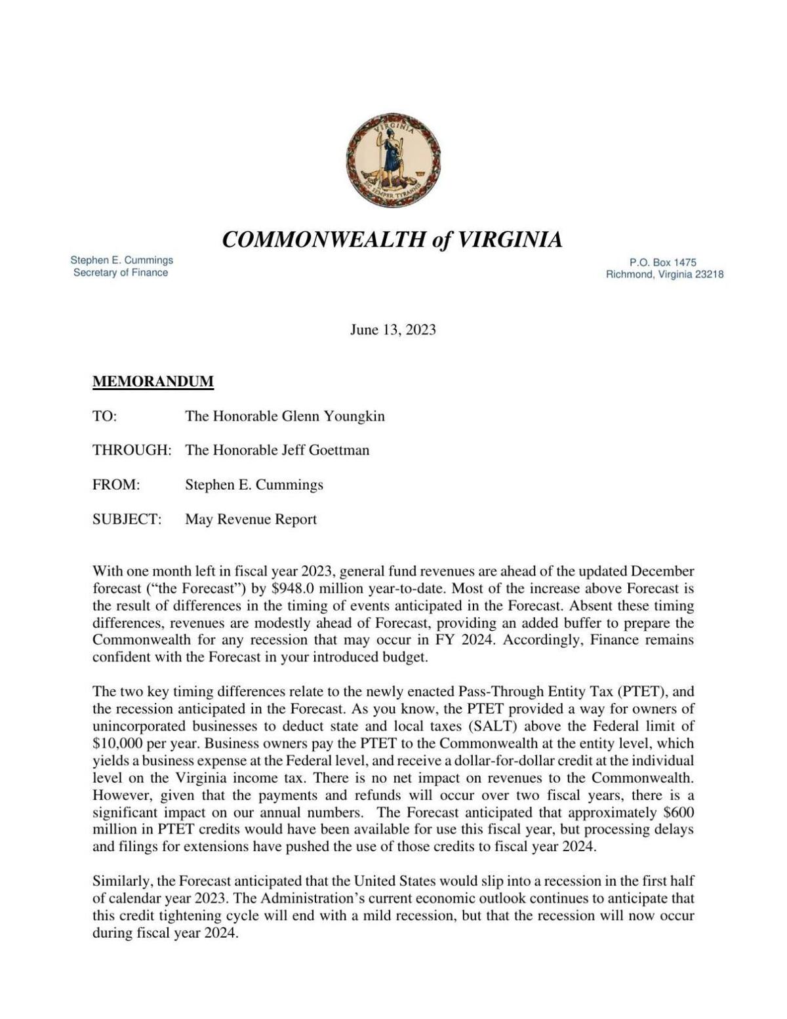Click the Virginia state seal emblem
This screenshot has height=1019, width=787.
point(393,160)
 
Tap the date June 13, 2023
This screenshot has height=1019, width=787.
point(392,330)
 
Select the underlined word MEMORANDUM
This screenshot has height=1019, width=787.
point(153,382)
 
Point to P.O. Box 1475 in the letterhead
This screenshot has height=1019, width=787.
point(662,262)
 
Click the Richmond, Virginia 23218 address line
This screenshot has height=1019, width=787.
point(664,275)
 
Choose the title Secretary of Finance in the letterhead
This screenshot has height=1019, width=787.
point(121,273)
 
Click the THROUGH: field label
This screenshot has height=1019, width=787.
point(132,450)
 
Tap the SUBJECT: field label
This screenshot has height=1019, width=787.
point(127,519)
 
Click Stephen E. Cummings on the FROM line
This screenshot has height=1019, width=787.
point(254,485)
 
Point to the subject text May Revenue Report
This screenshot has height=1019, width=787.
point(251,519)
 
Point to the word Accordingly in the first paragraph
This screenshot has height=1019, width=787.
point(544,641)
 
